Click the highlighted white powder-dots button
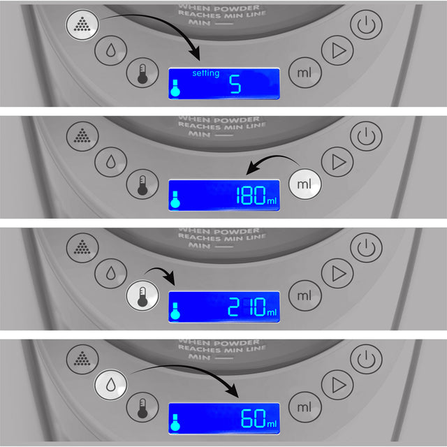point(83,25)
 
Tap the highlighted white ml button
point(305,184)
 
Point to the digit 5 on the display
point(235,85)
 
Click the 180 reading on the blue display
point(249,196)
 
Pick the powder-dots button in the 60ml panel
point(83,358)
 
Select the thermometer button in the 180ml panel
point(142,184)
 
